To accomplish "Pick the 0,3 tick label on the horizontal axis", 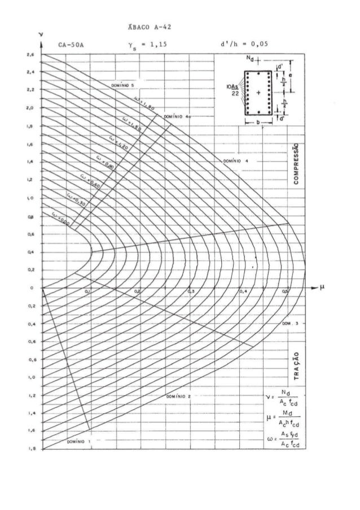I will pyautogui.click(x=190, y=292).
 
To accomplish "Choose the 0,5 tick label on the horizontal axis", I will pyautogui.click(x=286, y=292).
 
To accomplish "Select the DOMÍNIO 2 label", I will pyautogui.click(x=179, y=396).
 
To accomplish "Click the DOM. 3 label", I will pyautogui.click(x=289, y=324).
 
